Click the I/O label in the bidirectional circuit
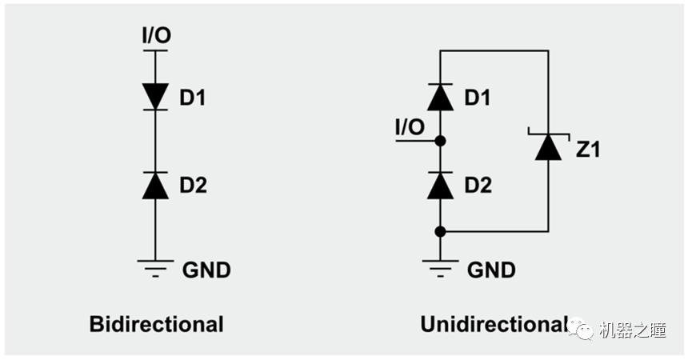[156, 35]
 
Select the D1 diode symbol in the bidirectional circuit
[155, 96]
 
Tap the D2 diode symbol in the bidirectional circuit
[155, 185]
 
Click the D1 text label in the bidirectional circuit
[193, 98]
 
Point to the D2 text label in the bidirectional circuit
[193, 186]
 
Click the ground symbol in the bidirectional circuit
[155, 267]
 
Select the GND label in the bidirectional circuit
[206, 270]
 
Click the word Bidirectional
[156, 324]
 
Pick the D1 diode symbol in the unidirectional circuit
[440, 98]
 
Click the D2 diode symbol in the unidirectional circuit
[440, 185]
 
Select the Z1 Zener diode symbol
[548, 146]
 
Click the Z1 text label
[588, 149]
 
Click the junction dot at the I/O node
[440, 141]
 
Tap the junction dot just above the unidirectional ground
[440, 231]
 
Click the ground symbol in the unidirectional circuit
[440, 267]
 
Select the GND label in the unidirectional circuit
[491, 270]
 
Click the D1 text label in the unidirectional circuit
[478, 98]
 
